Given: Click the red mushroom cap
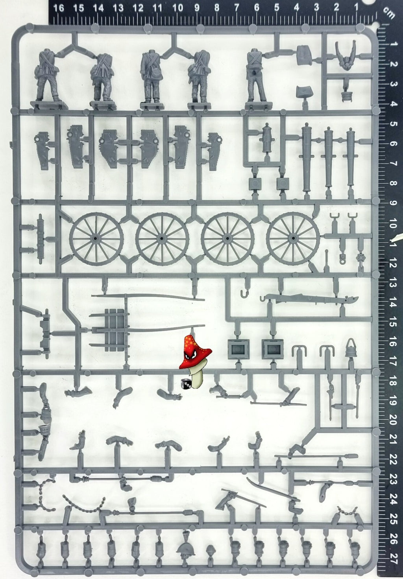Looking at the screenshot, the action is coord(195,352).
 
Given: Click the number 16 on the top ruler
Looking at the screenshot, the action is coord(59,8).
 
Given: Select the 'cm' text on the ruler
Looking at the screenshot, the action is coord(389,13).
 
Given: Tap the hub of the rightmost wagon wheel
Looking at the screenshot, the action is coord(293,238).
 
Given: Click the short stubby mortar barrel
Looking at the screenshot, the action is coord(268,139).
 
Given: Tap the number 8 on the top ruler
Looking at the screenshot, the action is coord(217,8).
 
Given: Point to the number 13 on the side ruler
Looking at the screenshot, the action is coord(393,285).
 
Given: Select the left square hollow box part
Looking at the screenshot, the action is coord(238,349).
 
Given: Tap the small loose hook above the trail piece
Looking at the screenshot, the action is coord(244,293).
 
